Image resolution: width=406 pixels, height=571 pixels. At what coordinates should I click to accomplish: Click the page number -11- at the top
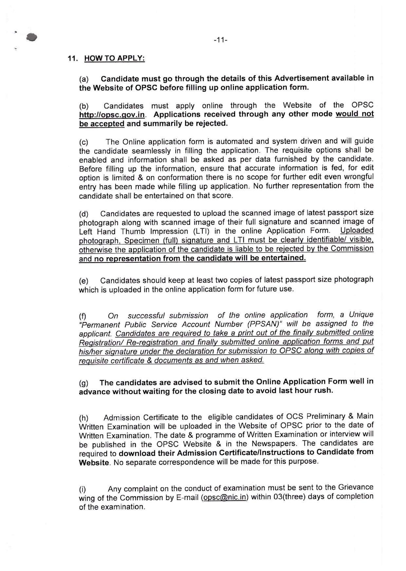coord(220,40)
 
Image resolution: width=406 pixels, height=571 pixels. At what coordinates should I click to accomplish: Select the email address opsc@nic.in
coord(225,497)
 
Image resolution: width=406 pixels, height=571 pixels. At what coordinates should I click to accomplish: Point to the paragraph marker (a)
coord(84,80)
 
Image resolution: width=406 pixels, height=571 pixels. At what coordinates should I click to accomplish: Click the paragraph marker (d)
coord(84,214)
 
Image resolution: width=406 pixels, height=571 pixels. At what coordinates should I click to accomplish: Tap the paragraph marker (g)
coord(84,383)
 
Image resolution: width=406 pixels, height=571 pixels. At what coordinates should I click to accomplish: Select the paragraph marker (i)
coord(83,489)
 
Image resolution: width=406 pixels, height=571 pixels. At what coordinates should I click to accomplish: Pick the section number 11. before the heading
coord(72,59)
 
